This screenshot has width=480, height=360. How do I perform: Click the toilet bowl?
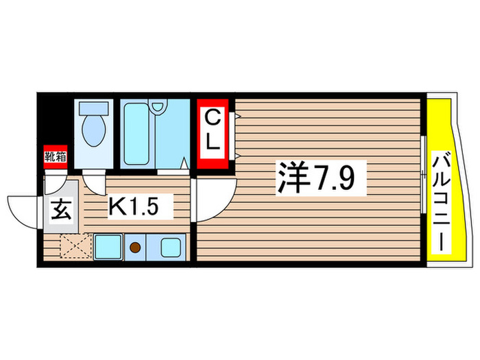[91, 128]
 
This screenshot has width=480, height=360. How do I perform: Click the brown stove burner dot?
[136, 247]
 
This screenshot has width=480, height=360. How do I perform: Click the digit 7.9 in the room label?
[340, 178]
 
